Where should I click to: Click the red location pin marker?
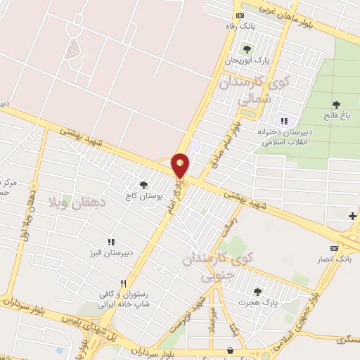[181, 165]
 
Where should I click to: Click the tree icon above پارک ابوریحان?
[246, 49]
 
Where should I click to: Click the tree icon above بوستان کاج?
[144, 185]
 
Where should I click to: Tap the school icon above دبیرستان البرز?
[110, 241]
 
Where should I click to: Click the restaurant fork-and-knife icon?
[124, 283]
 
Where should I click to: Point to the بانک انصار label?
[334, 259]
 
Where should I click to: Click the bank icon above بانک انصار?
[334, 248]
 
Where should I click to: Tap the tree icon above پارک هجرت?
[257, 291]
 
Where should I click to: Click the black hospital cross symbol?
[352, 216]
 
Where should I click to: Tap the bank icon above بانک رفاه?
[240, 15]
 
